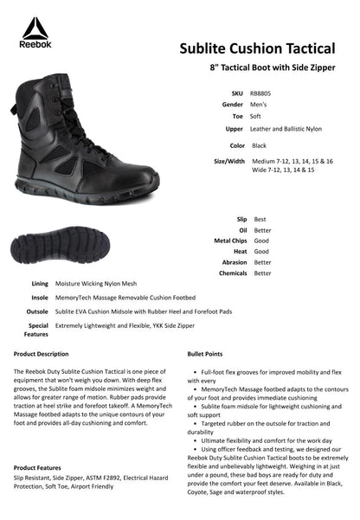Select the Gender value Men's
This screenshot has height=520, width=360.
[x=258, y=104]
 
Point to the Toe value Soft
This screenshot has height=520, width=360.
[x=256, y=116]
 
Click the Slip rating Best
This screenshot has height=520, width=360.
[x=260, y=220]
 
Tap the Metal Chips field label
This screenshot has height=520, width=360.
[x=229, y=241]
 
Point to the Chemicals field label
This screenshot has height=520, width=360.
[x=231, y=273]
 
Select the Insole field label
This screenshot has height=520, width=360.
[x=38, y=297]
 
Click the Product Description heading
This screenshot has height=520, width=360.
[x=41, y=354]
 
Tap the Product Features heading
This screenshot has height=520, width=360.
[x=37, y=466]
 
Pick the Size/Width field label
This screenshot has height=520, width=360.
[x=229, y=161]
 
